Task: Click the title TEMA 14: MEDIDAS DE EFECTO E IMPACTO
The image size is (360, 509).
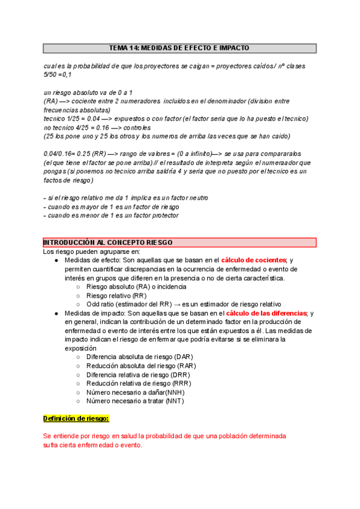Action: pyautogui.click(x=179, y=48)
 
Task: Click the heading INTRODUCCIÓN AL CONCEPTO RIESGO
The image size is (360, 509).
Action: pyautogui.click(x=108, y=242)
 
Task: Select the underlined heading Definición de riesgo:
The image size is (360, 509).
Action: pyautogui.click(x=76, y=418)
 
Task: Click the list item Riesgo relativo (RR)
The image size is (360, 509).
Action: pyautogui.click(x=116, y=295)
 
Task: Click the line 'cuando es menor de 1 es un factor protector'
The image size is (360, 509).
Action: pyautogui.click(x=111, y=215)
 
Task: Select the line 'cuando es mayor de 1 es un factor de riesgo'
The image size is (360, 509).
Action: pyautogui.click(x=111, y=206)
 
